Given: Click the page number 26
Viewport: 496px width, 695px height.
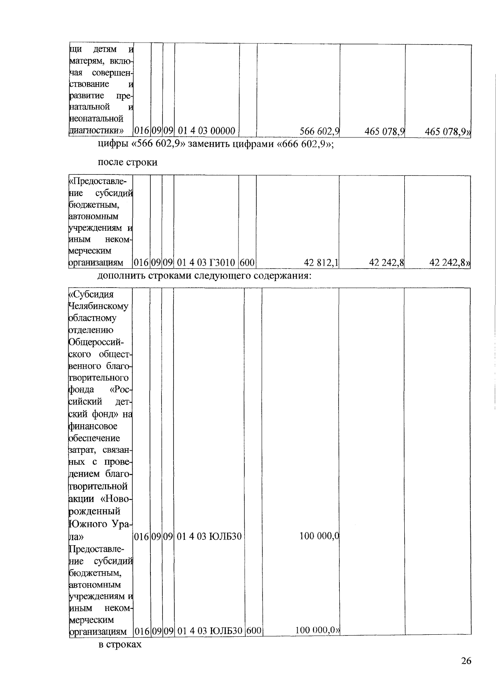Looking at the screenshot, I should (x=466, y=661).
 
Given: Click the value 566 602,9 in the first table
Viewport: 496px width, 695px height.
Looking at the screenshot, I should (x=320, y=131).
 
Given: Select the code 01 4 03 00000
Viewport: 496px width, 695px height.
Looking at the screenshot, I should (x=207, y=131).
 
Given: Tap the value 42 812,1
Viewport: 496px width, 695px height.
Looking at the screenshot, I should (x=322, y=262).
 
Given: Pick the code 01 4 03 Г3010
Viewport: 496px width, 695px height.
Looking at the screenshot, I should (x=206, y=262).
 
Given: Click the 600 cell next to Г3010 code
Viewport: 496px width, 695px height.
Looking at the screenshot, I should (x=247, y=262).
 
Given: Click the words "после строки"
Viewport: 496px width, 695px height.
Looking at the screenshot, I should (x=127, y=162).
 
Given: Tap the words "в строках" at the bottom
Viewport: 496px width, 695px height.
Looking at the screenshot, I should (x=120, y=644).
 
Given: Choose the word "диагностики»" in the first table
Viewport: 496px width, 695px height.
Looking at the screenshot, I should (x=97, y=131).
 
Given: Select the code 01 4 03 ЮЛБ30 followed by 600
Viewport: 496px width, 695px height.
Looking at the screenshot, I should (x=210, y=631).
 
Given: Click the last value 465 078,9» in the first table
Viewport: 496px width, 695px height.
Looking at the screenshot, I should (x=448, y=132).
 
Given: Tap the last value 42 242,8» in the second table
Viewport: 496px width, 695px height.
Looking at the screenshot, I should (x=450, y=262).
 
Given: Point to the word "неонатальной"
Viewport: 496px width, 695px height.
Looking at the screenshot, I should (x=96, y=119).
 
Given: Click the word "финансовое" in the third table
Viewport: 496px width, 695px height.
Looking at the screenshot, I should (x=93, y=426).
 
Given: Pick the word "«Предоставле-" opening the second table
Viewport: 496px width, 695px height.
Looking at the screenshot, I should (x=98, y=182).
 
